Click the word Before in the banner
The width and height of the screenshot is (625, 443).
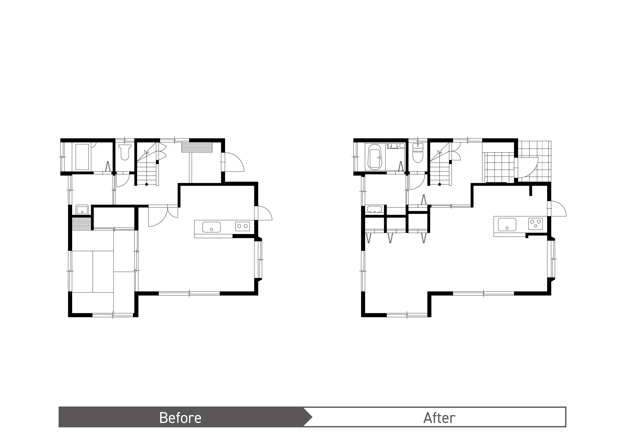(x=180, y=418)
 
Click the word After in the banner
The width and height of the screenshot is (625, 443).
(x=439, y=418)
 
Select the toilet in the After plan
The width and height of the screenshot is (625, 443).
(x=418, y=153)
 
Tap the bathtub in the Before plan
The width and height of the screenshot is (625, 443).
(x=82, y=157)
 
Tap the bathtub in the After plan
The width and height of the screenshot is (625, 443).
(x=375, y=157)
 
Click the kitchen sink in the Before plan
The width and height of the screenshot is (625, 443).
(x=211, y=227)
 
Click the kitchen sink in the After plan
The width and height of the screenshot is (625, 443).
(x=507, y=225)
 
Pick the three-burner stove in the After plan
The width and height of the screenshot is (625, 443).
(x=535, y=224)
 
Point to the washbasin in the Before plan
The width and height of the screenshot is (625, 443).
(x=82, y=210)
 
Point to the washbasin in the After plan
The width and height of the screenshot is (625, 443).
(x=375, y=209)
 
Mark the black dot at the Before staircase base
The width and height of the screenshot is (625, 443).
(x=147, y=184)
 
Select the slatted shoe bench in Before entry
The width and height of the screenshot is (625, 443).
(x=197, y=147)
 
